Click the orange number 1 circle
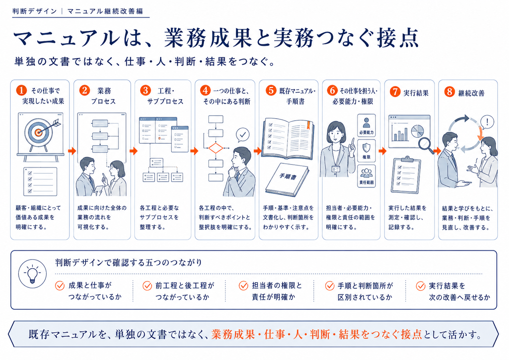(x=22, y=90)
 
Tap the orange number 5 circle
(x=271, y=90)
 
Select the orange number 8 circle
(x=450, y=92)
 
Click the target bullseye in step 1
(x=39, y=132)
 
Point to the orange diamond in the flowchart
(x=216, y=148)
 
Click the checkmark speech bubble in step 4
(x=242, y=135)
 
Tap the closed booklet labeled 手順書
(x=287, y=179)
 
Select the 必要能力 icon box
(x=366, y=125)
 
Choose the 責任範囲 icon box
(x=366, y=176)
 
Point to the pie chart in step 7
(x=418, y=131)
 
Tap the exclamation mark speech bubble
(x=486, y=123)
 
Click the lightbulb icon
(x=32, y=274)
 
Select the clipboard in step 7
(x=406, y=175)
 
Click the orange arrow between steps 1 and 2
(x=72, y=151)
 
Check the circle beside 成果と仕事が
(x=60, y=286)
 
